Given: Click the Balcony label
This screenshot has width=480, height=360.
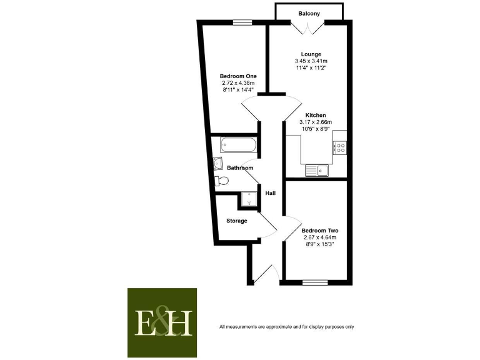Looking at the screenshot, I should pyautogui.click(x=309, y=12).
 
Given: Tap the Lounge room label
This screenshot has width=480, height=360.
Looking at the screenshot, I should pyautogui.click(x=307, y=54).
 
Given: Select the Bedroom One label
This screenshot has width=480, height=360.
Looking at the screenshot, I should pyautogui.click(x=238, y=76).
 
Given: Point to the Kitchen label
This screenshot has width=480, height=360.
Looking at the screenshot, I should pyautogui.click(x=316, y=115).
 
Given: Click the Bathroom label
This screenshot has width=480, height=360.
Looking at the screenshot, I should pyautogui.click(x=240, y=168).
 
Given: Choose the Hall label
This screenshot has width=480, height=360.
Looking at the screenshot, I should pyautogui.click(x=271, y=193).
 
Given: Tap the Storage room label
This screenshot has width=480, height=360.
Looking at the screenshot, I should pyautogui.click(x=237, y=221).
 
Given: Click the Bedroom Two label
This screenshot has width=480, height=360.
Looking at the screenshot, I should pyautogui.click(x=320, y=230).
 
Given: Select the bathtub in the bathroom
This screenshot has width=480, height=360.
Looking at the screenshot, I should pyautogui.click(x=238, y=146).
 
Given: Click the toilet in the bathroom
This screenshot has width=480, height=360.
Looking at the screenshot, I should pyautogui.click(x=221, y=181).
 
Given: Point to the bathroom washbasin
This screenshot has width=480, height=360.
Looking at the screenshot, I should pyautogui.click(x=218, y=164).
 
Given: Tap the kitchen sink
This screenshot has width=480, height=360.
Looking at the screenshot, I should pyautogui.click(x=316, y=169).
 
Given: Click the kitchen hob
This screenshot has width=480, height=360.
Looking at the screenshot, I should pyautogui.click(x=341, y=147).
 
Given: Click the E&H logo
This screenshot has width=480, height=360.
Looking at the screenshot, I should pyautogui.click(x=162, y=322).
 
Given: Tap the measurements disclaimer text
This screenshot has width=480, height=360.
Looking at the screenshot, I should pyautogui.click(x=286, y=327).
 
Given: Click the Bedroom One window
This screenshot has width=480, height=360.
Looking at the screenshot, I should pyautogui.click(x=242, y=22).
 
